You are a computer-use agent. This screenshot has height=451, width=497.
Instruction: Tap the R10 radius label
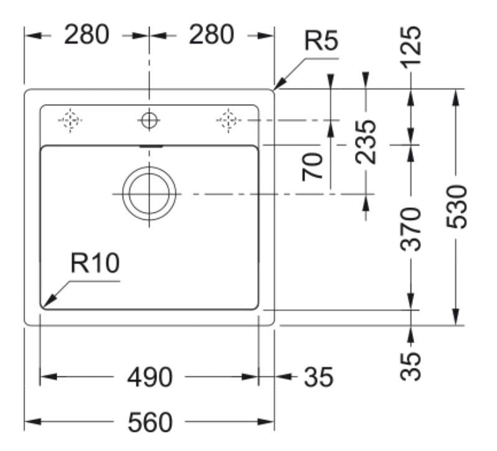(95, 264)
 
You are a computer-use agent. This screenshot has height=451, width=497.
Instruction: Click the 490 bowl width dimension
(149, 377)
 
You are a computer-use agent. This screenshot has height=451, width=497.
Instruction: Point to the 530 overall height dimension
(458, 206)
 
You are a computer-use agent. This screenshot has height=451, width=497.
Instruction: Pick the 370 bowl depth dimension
(411, 229)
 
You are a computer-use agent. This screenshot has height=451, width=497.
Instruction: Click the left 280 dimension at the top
(87, 35)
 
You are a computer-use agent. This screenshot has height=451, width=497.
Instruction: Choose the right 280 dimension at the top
(212, 35)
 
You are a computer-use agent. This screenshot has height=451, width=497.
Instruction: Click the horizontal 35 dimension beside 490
(318, 377)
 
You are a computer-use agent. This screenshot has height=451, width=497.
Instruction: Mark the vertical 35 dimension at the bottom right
(411, 366)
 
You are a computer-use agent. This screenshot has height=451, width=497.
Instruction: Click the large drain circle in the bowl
(149, 194)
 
